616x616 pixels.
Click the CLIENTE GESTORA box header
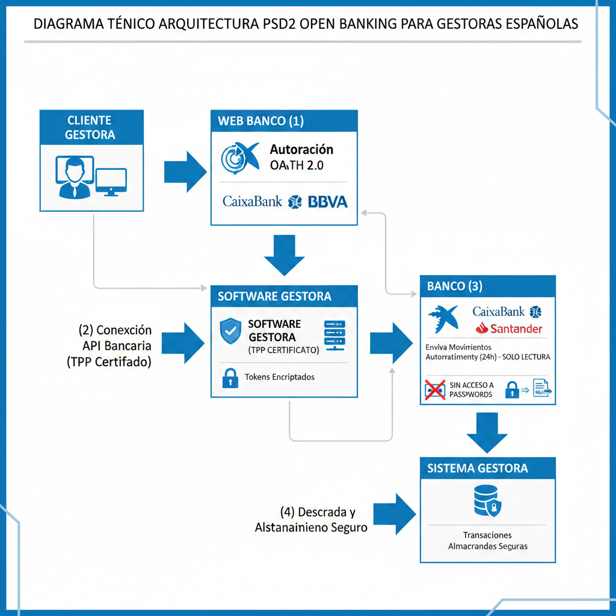pos(91,127)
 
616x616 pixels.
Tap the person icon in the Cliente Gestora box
pos(74,177)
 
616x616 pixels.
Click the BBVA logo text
pos(327,202)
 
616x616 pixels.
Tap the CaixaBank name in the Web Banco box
pos(252,202)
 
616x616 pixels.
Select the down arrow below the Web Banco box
pos(284,254)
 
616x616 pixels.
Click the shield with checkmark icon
pos(230,331)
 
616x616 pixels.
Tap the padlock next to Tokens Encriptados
pos(230,378)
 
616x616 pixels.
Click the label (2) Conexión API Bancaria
pos(115,346)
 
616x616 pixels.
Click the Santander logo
pos(508,328)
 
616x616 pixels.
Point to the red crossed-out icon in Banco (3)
pos(434,390)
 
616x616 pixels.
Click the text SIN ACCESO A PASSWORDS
pos(471,390)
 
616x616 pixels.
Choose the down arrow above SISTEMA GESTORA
pos(487,432)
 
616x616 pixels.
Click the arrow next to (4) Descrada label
pos(395,514)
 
